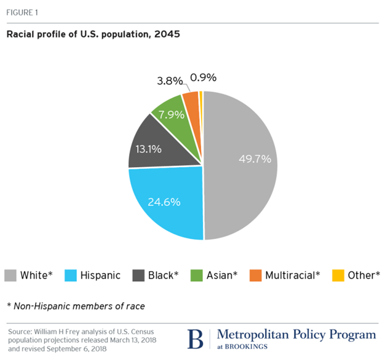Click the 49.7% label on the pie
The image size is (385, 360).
click(255, 159)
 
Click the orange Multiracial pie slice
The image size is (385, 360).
click(191, 99)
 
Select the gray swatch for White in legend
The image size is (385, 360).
click(11, 275)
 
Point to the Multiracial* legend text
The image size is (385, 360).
click(292, 275)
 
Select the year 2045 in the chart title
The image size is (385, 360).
click(167, 34)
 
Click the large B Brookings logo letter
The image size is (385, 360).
click(194, 339)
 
